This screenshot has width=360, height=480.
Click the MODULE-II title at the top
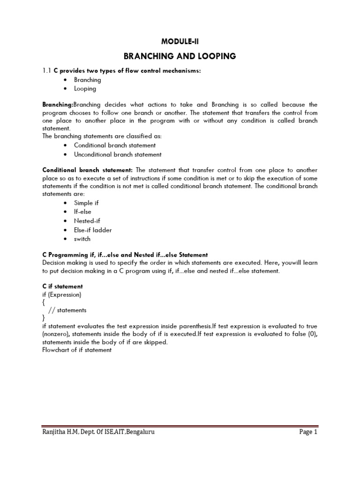pos(180,42)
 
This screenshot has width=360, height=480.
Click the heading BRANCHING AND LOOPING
pos(180,57)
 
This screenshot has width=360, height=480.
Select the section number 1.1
pos(47,71)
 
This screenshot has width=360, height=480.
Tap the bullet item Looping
pos(85,89)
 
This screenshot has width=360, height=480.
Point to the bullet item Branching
pos(87,80)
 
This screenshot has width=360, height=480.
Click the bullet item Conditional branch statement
pos(114,145)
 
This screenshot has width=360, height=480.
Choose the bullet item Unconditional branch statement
pos(118,154)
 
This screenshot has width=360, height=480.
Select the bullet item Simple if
pos(86,203)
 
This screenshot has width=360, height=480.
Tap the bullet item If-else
pos(82,212)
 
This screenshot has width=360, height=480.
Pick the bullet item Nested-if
pos(87,221)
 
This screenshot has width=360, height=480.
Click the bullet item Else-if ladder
pos(93,230)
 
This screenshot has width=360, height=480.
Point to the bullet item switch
pos(82,239)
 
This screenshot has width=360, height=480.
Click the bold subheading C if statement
pos(62,286)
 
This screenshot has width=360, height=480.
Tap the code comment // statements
pos(67,310)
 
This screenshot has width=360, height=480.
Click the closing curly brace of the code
pos(44,318)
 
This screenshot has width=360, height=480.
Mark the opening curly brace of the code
pos(44,303)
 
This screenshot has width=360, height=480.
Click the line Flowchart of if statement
pos(77,350)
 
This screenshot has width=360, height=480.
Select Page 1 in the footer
pos(308,432)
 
